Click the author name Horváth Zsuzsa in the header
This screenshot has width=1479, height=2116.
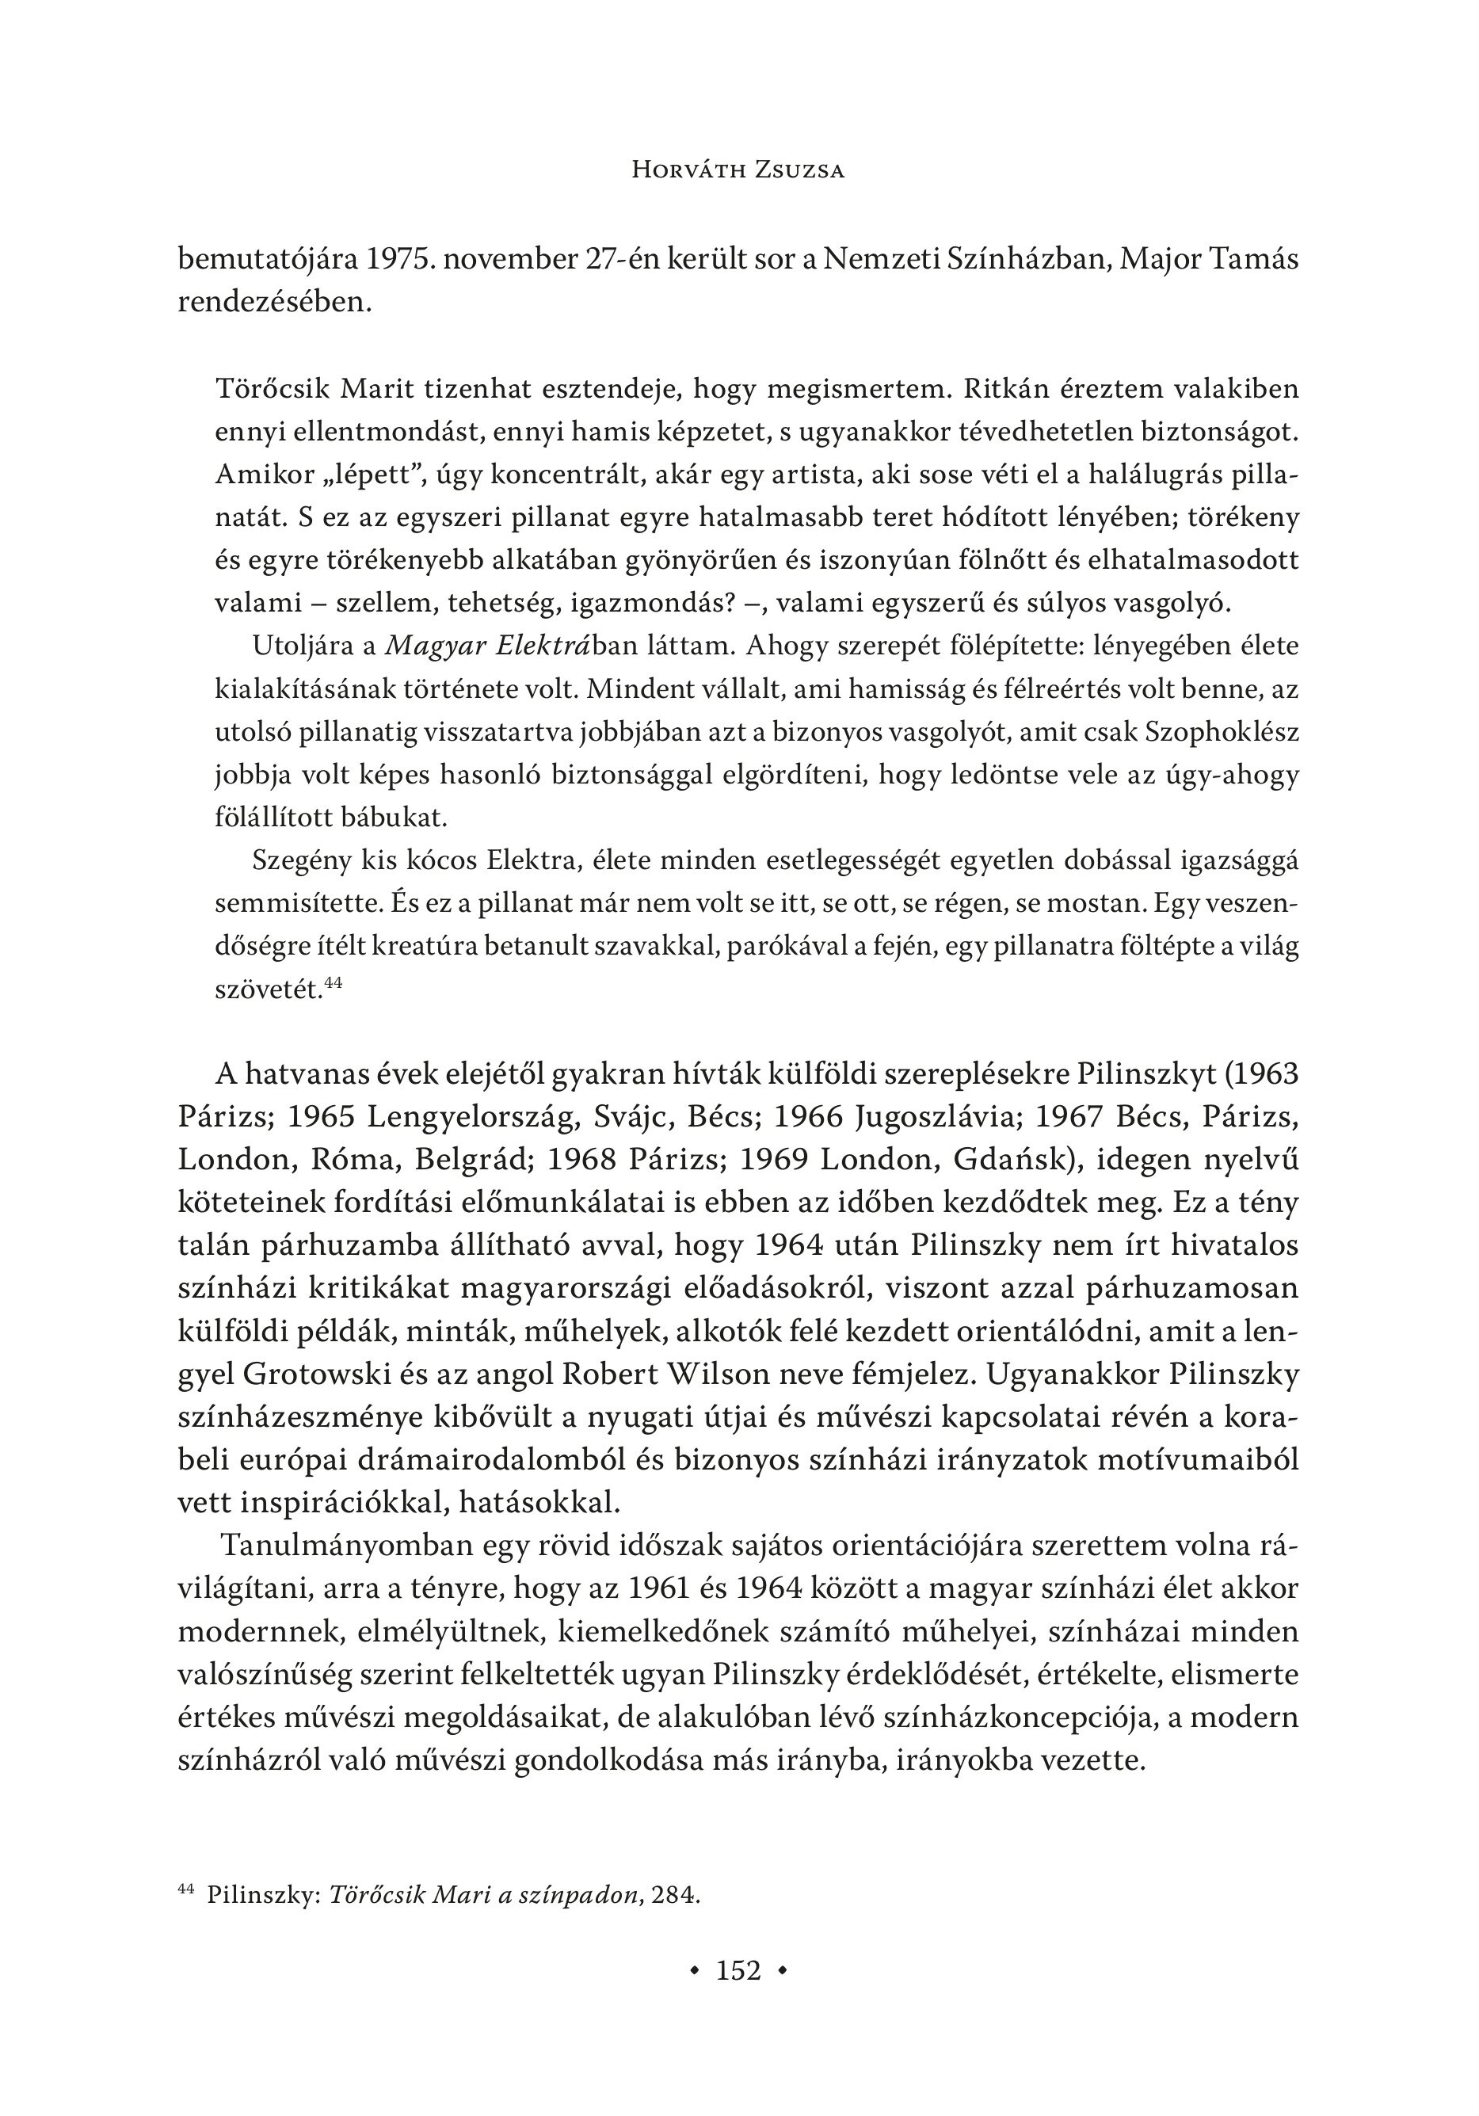click(x=738, y=170)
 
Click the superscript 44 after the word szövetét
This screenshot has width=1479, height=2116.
click(x=334, y=983)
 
